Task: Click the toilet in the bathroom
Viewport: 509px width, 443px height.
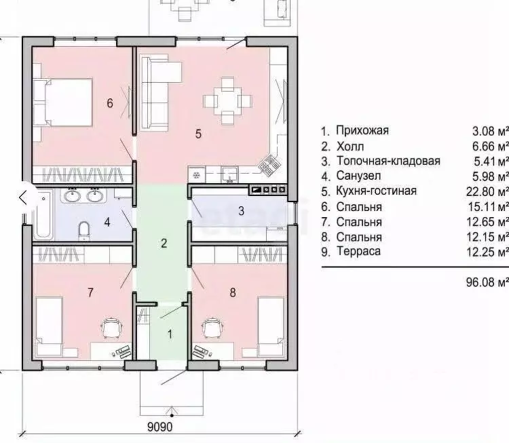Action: [x=84, y=231]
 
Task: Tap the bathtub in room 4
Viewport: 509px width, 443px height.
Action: [x=43, y=214]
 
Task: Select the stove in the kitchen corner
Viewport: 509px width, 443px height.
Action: [x=269, y=164]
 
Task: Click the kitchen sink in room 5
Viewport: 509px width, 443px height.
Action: [x=230, y=174]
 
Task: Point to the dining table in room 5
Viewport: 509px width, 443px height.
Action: [x=228, y=101]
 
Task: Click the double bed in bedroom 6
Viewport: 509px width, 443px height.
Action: [x=64, y=102]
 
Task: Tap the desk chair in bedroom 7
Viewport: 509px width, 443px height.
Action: [x=111, y=328]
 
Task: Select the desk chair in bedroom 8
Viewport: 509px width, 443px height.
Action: [x=212, y=328]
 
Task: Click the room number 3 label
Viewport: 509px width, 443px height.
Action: [x=241, y=211]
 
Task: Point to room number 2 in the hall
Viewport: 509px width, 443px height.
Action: [x=164, y=243]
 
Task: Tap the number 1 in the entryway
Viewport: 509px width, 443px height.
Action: [x=170, y=334]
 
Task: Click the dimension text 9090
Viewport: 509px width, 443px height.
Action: [x=160, y=427]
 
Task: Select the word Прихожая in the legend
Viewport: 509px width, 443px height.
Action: [x=362, y=130]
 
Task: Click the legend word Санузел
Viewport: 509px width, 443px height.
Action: [x=358, y=176]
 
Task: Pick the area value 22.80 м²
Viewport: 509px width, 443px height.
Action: [x=487, y=191]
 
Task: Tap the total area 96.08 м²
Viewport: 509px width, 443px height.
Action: [x=487, y=282]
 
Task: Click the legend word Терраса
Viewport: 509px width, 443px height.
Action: [x=358, y=251]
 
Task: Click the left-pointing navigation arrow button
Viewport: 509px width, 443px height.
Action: [x=23, y=197]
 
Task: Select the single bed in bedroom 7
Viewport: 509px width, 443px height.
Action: [x=49, y=326]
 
